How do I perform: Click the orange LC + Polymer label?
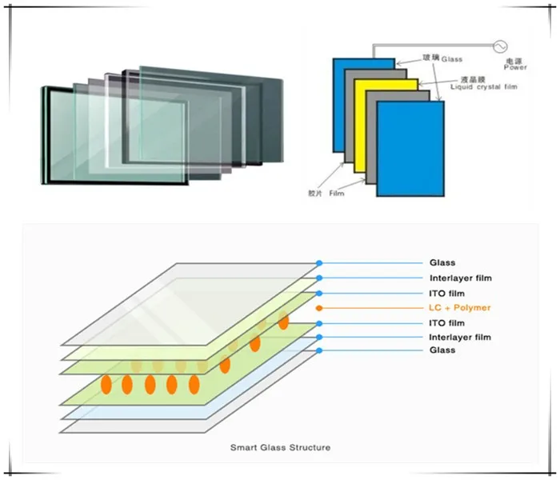pos(459,308)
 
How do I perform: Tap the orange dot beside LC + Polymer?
pos(320,308)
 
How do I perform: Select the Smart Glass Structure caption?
pos(280,447)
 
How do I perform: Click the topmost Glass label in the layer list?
pos(442,262)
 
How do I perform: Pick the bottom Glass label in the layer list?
pos(442,350)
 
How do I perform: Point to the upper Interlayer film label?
pos(460,278)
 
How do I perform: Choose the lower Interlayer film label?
pos(460,338)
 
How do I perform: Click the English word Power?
pos(516,67)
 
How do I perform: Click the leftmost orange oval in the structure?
pos(105,385)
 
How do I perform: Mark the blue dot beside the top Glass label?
pos(319,262)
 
